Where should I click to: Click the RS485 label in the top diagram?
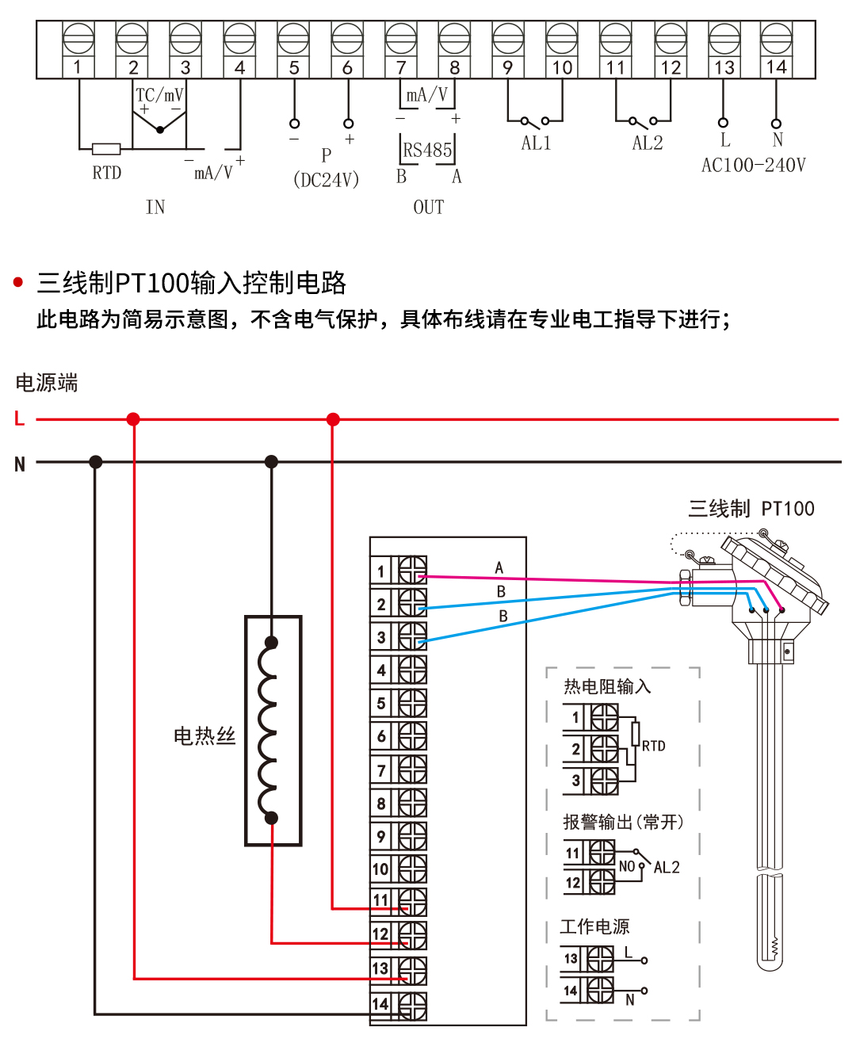pos(427,150)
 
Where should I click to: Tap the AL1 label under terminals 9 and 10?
pos(536,143)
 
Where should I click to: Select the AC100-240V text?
pos(753,166)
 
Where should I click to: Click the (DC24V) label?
pos(326,180)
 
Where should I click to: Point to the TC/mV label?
pos(159,95)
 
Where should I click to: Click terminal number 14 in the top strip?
pos(776,67)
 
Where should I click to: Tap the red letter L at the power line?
pos(20,418)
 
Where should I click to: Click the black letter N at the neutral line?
pos(20,464)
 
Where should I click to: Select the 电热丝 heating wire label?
pos(204,736)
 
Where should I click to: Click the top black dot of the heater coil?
pos(271,643)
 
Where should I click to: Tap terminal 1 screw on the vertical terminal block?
pos(412,570)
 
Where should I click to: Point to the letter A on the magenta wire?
pos(499,567)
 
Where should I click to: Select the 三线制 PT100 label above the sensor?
pos(751,509)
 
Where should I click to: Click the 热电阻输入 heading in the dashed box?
pos(607,686)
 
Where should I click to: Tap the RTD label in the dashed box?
pos(654,746)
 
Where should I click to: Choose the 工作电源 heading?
pos(594,926)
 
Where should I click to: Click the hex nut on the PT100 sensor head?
pos(686,587)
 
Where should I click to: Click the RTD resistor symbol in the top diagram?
pos(106,148)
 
